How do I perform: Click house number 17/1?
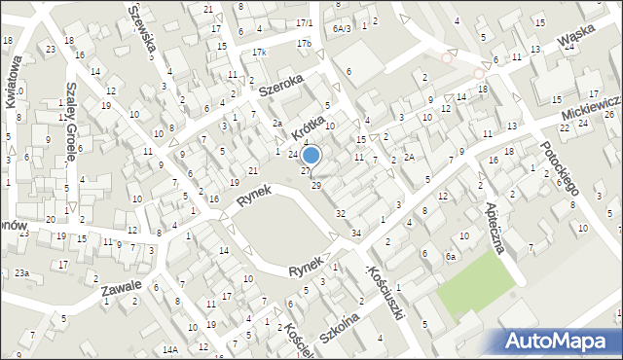(x=304, y=22)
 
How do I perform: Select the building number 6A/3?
(x=341, y=28)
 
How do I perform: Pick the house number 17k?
(x=258, y=52)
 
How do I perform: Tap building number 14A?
(x=170, y=348)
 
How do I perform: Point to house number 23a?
(x=21, y=273)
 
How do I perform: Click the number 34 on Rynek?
(x=356, y=234)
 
